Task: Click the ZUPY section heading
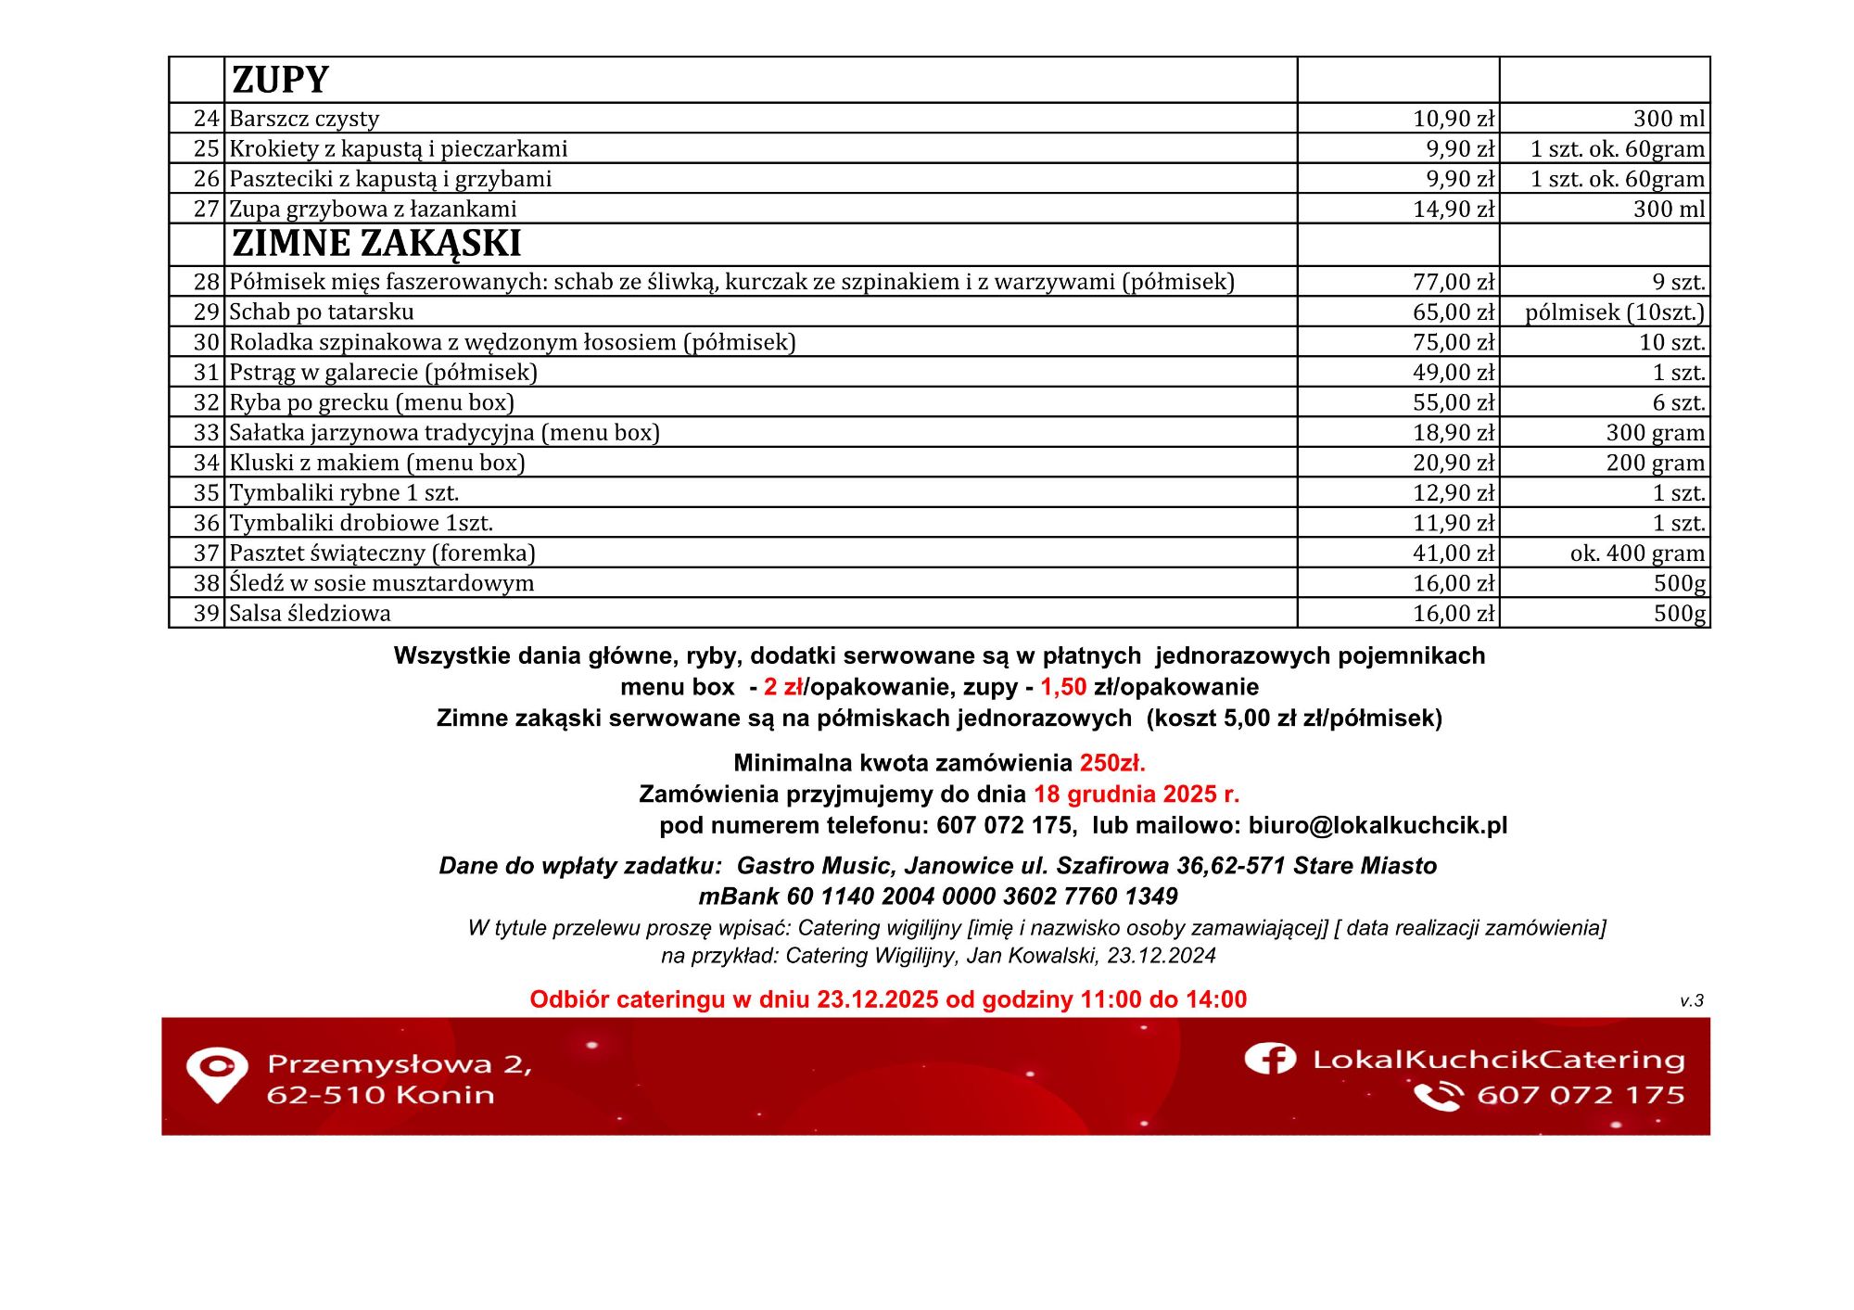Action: [280, 80]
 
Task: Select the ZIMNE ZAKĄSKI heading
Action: [376, 244]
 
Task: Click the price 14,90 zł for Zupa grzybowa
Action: [1454, 210]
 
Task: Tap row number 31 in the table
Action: [206, 373]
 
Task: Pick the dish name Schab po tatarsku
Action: [322, 312]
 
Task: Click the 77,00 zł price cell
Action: [1454, 282]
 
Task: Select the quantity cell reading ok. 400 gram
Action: [1637, 553]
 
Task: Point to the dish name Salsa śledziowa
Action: [310, 614]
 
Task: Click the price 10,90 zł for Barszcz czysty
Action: [1454, 119]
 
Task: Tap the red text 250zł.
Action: [1112, 763]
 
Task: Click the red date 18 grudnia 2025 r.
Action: [1137, 795]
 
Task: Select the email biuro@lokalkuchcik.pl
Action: [1378, 825]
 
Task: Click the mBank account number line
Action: [938, 897]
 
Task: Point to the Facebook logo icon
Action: [1270, 1059]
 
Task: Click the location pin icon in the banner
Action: [217, 1074]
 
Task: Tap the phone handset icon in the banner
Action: [1438, 1096]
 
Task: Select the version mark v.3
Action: [1692, 1000]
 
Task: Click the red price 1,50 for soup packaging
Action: [1063, 687]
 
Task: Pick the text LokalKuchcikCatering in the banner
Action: [1499, 1060]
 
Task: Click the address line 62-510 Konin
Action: [380, 1095]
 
